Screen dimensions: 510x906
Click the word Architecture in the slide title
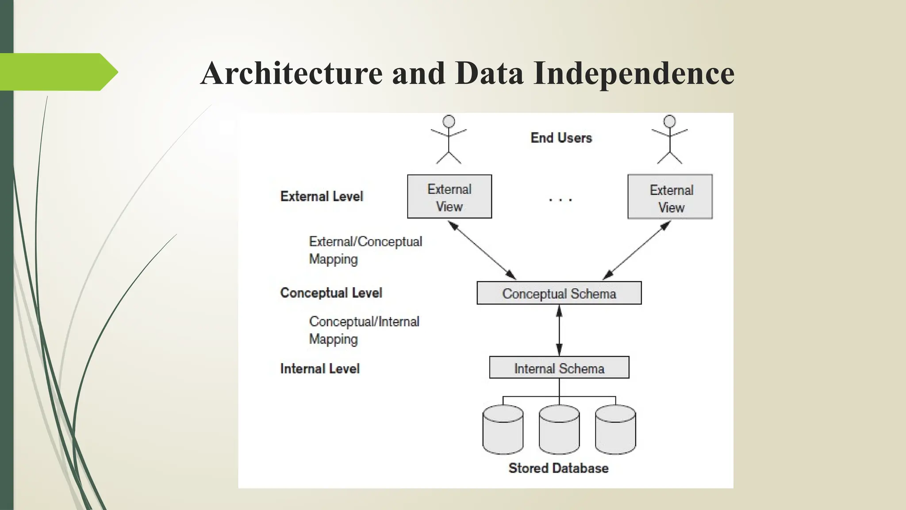tap(292, 73)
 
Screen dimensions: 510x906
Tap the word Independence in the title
tap(634, 74)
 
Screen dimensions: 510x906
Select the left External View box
tap(449, 197)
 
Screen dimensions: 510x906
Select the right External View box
tap(670, 197)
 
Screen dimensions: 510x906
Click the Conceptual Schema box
tap(559, 293)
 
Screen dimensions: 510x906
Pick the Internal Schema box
tap(559, 367)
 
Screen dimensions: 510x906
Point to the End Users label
tap(561, 138)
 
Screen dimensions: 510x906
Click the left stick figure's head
tap(449, 121)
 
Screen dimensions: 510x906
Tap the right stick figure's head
tap(670, 121)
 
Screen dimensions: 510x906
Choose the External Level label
tap(322, 196)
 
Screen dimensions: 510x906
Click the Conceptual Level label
tap(331, 293)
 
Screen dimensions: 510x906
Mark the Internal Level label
tap(320, 368)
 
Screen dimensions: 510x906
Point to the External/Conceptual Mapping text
tap(365, 250)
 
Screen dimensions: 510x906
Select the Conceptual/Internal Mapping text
tap(364, 330)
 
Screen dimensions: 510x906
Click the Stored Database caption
tap(558, 468)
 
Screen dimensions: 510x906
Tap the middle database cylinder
tap(559, 429)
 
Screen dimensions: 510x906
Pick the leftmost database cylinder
tap(503, 429)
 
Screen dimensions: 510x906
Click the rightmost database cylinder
tap(615, 429)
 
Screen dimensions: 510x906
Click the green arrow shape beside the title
tap(58, 72)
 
